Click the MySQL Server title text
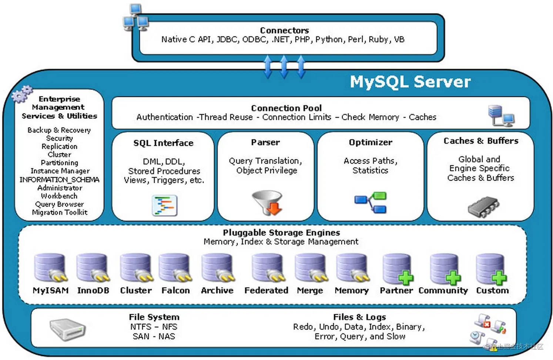tap(410, 82)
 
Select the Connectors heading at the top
tap(284, 30)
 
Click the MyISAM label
tap(50, 290)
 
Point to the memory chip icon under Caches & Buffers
tap(483, 207)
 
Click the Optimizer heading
tap(370, 142)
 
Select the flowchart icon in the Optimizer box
tap(371, 202)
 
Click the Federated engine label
tap(266, 290)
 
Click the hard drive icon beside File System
tap(68, 329)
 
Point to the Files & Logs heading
tap(359, 317)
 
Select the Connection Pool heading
tap(286, 108)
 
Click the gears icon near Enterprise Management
tap(22, 94)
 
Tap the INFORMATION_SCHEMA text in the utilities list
tap(59, 180)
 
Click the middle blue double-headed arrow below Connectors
tap(284, 67)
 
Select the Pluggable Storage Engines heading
tap(281, 233)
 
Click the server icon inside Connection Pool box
tap(501, 115)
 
